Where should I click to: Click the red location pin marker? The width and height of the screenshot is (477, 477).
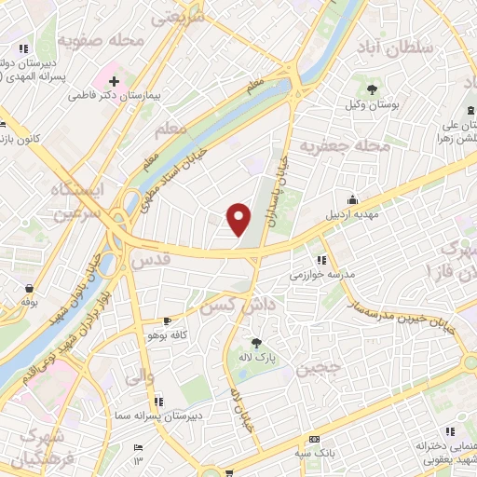[x=239, y=219]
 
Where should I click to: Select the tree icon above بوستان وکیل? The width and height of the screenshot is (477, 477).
[x=373, y=90]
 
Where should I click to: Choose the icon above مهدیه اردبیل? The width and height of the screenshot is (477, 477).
[x=353, y=199]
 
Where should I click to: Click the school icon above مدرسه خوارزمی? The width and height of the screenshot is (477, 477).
[x=321, y=260]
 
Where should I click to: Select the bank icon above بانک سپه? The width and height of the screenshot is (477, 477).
[x=314, y=439]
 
